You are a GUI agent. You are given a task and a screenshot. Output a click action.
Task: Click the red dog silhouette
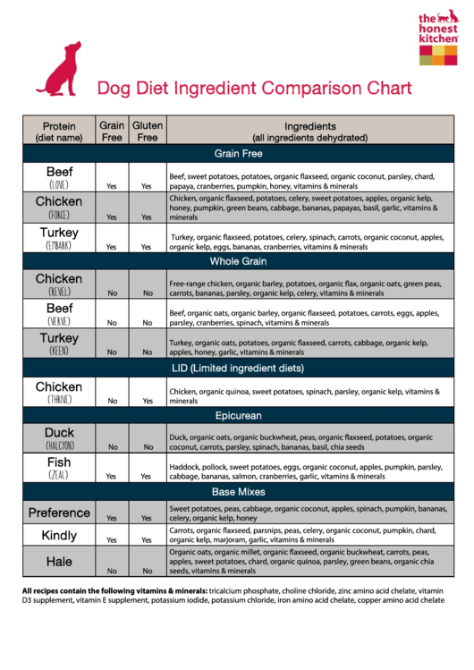[x=59, y=70]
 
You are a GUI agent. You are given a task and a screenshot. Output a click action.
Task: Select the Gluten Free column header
[x=148, y=132]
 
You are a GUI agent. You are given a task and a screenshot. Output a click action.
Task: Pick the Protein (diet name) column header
[x=59, y=132]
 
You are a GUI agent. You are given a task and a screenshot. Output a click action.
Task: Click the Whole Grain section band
[x=237, y=262]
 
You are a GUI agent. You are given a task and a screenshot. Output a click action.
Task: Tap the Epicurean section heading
[x=237, y=416]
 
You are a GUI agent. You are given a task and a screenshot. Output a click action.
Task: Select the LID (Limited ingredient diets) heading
[x=237, y=368]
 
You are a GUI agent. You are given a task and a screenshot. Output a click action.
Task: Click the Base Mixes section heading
[x=237, y=493]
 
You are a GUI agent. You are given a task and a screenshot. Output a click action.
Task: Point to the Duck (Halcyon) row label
[x=59, y=437]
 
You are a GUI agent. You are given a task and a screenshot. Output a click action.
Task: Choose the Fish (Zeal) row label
[x=59, y=468]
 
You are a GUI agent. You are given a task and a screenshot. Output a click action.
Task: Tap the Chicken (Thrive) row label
[x=59, y=392]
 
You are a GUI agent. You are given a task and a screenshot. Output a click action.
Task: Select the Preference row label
[x=59, y=513]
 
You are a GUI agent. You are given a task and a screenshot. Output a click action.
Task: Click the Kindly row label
[x=59, y=536]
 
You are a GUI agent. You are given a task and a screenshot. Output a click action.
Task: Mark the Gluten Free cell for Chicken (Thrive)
[x=148, y=401]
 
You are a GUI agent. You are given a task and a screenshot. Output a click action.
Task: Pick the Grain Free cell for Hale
[x=113, y=570]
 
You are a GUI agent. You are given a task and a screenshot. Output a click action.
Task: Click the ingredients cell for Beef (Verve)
[x=304, y=318]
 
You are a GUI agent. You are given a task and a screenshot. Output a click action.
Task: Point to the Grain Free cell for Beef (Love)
[x=113, y=186]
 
